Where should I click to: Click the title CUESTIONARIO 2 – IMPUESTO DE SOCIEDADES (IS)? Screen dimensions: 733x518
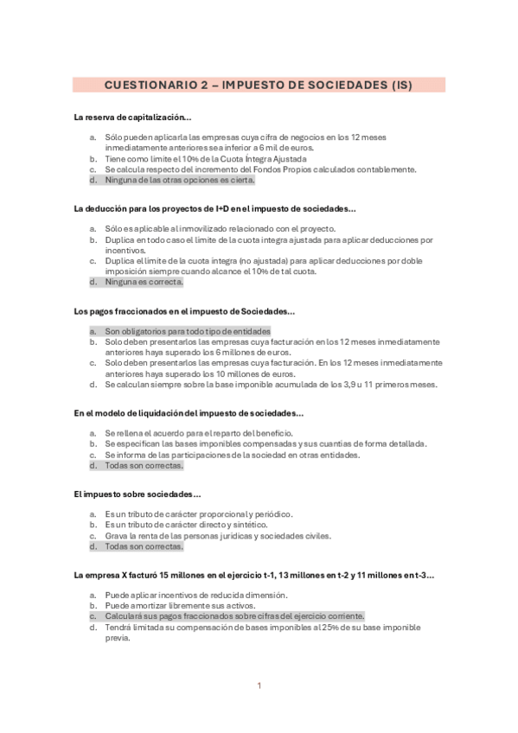(258, 86)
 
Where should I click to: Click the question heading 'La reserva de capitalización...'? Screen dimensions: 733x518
(133, 117)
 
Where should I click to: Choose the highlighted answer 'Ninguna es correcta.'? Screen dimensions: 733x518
(144, 282)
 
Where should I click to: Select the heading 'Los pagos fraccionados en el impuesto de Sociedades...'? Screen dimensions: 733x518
(185, 310)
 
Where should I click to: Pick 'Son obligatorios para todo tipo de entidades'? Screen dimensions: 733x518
(188, 331)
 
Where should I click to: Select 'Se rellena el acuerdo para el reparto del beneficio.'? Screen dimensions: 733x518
(199, 433)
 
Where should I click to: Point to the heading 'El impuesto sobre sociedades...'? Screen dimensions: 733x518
(137, 494)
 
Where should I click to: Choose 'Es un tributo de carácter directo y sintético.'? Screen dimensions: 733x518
(186, 525)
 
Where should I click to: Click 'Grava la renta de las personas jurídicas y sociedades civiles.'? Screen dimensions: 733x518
(217, 536)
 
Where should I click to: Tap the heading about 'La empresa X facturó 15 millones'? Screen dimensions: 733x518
(254, 574)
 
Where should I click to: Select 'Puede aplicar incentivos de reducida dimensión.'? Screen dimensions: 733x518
(196, 595)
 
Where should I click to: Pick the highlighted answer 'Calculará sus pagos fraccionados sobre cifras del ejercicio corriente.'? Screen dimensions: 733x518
(234, 616)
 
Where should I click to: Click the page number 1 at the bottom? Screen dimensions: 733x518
(259, 685)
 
